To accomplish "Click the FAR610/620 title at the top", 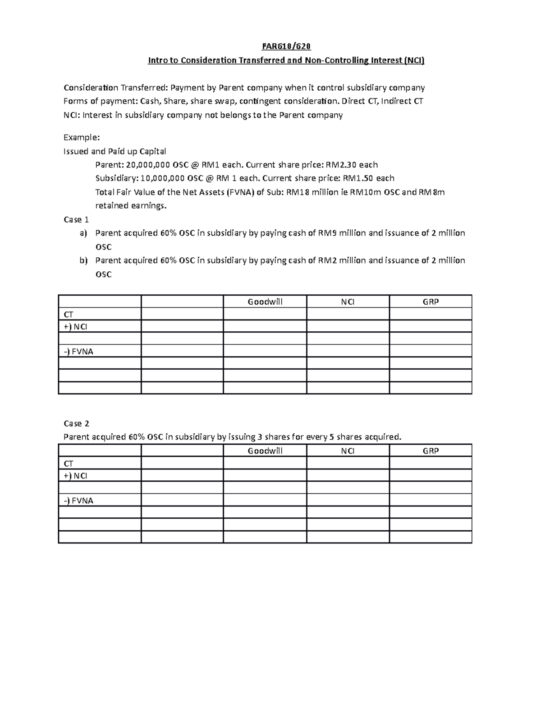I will [286, 46].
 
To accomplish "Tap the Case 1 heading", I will [76, 219].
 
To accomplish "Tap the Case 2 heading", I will [76, 423].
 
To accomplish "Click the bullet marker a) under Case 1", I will [83, 233].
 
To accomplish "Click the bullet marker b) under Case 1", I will [83, 260].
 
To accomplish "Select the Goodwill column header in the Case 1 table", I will [265, 302].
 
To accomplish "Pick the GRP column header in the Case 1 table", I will [431, 302].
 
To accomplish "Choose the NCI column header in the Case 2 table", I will [348, 451].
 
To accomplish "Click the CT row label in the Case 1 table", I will [69, 314].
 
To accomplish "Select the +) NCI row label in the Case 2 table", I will [76, 476].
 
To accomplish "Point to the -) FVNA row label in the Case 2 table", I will [78, 500].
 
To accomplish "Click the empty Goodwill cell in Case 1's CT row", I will [265, 314].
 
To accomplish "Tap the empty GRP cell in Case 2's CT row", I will [431, 463].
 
